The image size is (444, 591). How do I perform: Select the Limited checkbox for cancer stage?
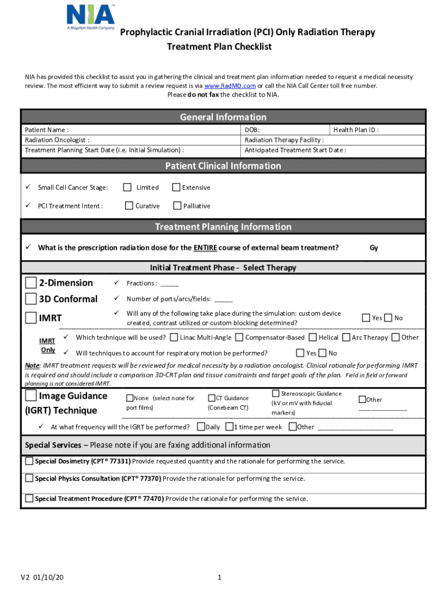pos(128,187)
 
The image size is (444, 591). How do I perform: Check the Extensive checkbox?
pos(176,187)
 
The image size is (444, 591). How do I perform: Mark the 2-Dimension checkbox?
pos(31,283)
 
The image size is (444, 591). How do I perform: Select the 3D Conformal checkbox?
pos(31,299)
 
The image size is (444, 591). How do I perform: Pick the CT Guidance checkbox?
pos(212,398)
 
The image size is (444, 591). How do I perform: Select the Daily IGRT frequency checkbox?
pos(201,427)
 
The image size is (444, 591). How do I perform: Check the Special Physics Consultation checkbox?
pos(29,478)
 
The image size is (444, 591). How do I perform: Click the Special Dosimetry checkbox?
pos(29,461)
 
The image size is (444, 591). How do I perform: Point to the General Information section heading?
pos(223,117)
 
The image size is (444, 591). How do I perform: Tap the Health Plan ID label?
pos(356,130)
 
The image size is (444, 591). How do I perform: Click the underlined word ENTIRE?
pos(205,248)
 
